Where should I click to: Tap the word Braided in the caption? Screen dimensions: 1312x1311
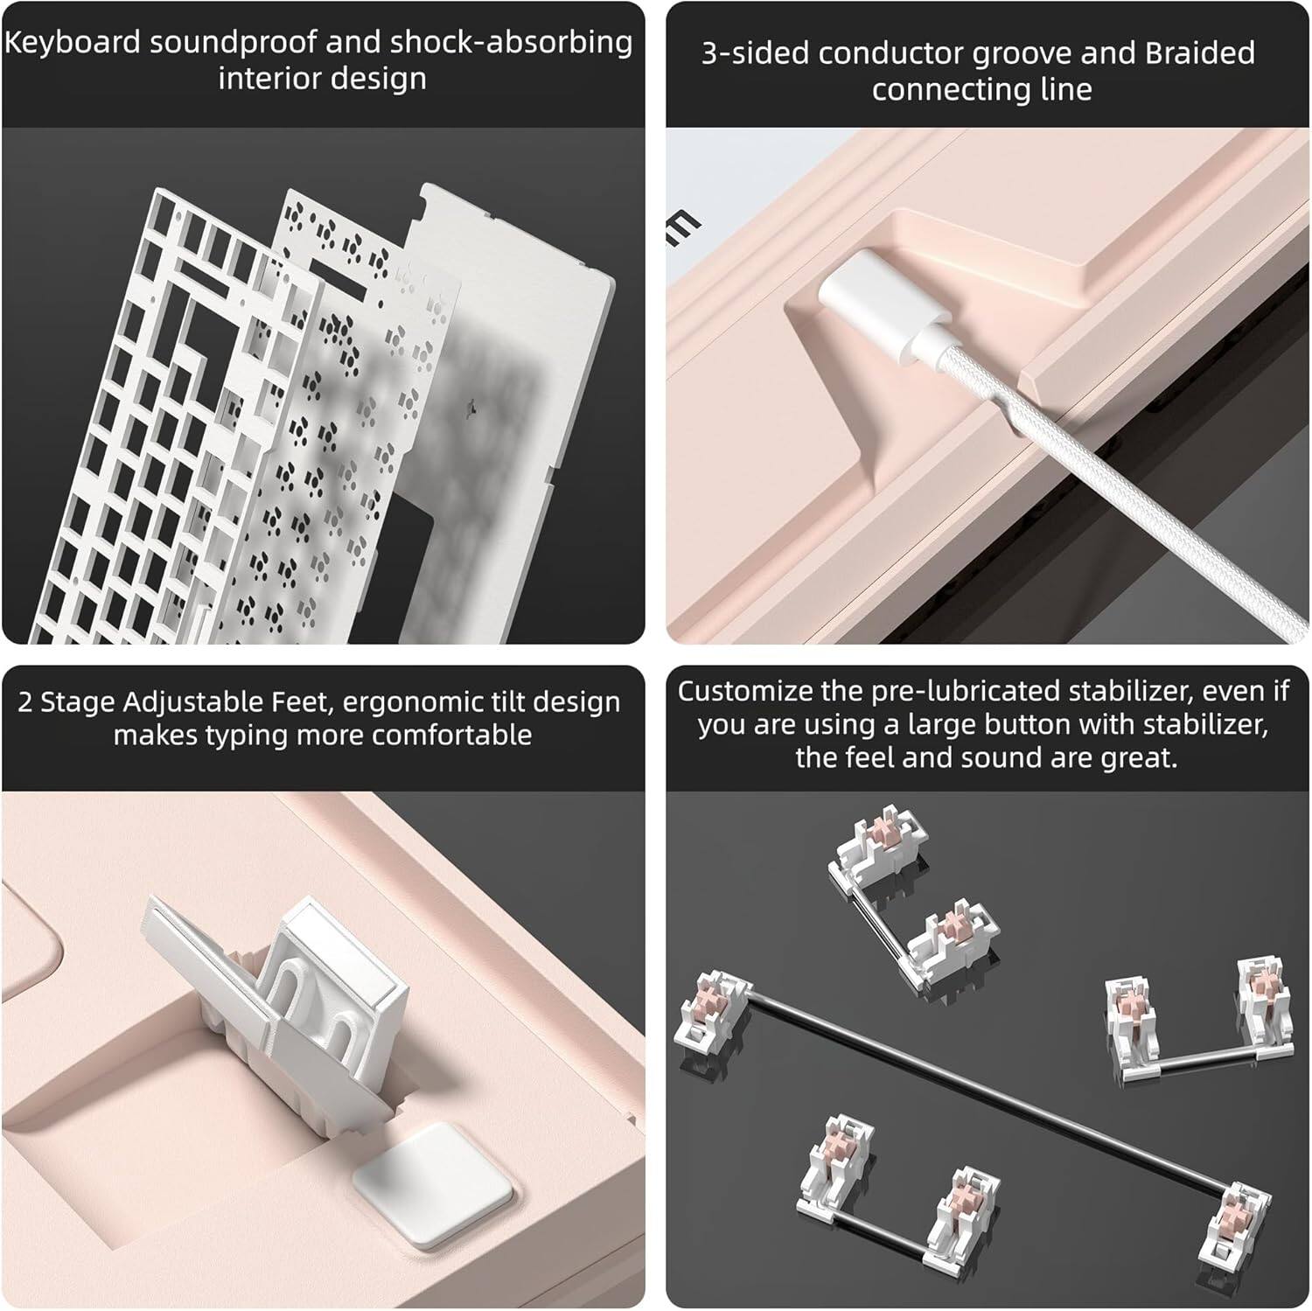coord(1200,53)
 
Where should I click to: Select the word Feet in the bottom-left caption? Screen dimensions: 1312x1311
coord(294,701)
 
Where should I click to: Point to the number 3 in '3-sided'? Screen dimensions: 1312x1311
coord(710,54)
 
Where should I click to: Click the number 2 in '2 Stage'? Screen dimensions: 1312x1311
coord(25,702)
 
